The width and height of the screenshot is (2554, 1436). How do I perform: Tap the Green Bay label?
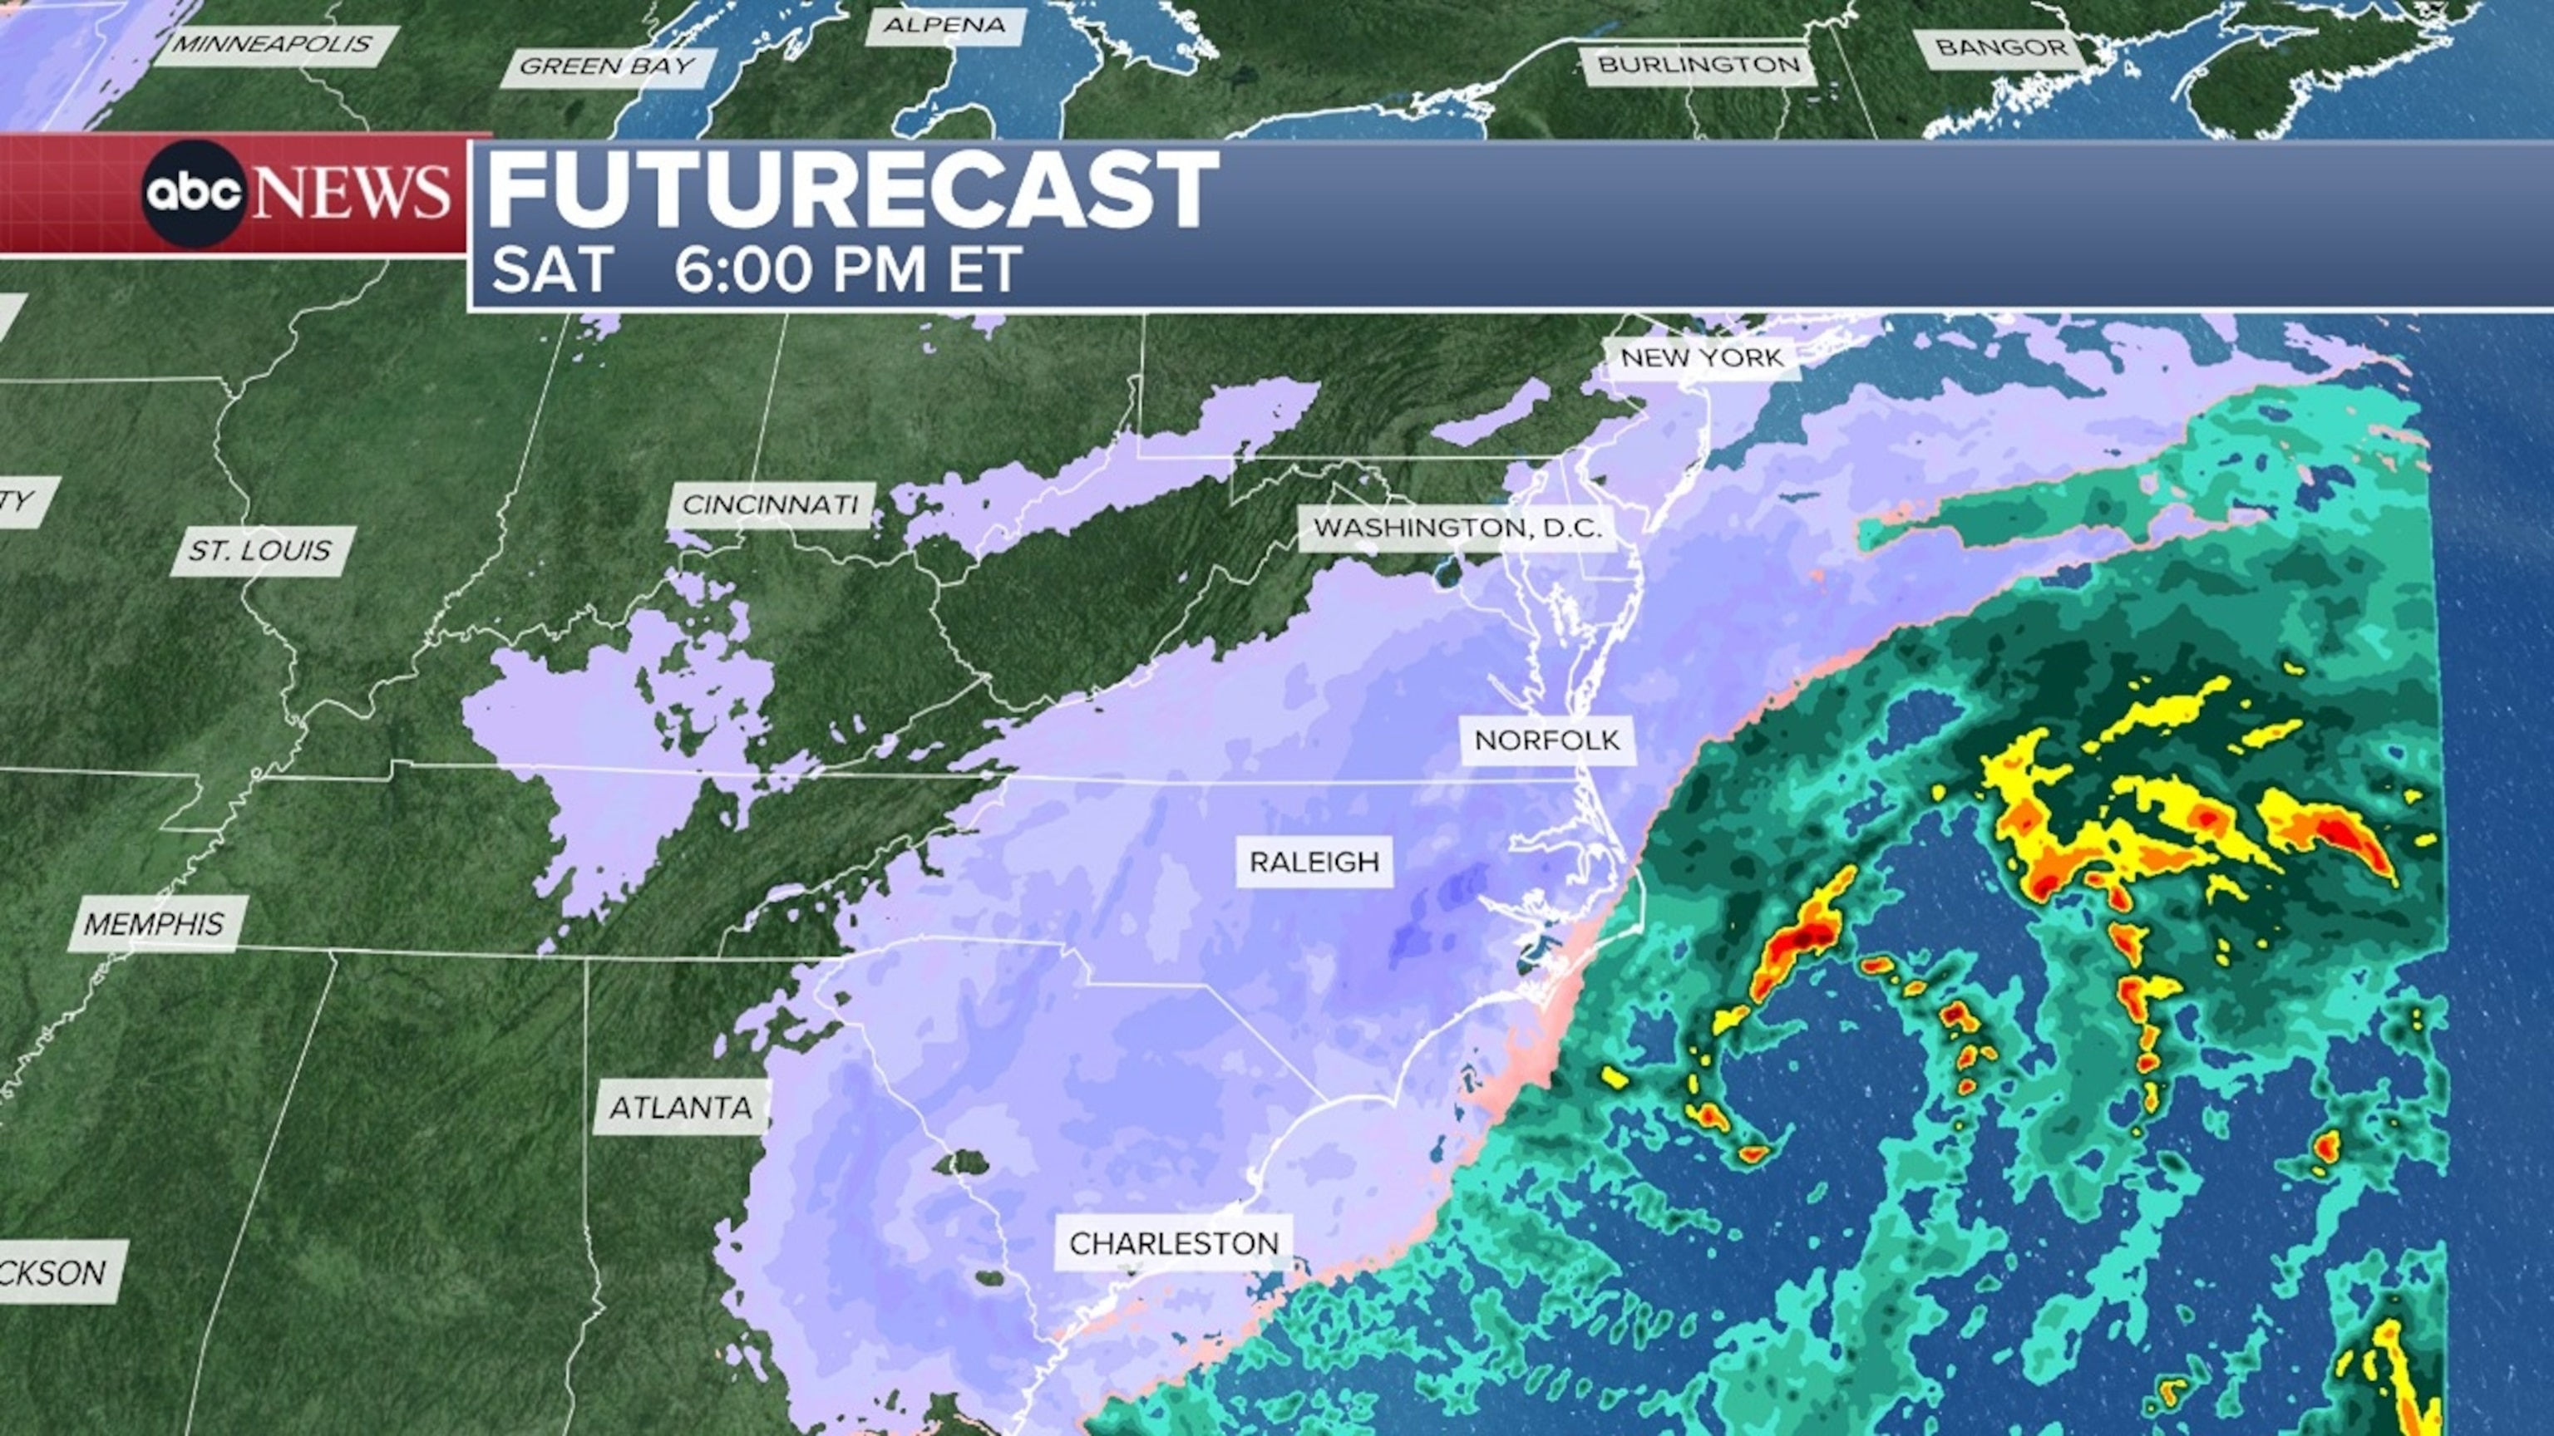point(607,66)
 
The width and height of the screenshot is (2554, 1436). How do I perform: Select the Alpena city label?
point(944,25)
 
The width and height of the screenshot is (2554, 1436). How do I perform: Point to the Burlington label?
point(1699,66)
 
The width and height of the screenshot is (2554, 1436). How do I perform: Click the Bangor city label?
point(2001,47)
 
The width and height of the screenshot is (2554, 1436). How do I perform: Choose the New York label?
point(1701,358)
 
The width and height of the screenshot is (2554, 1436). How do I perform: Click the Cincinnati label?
point(771,505)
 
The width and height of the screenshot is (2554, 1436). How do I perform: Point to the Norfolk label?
point(1546,740)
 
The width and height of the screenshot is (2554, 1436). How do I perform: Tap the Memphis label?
point(154,923)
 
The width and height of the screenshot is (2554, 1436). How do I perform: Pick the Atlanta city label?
point(680,1107)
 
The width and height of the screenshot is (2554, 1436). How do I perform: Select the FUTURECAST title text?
point(853,190)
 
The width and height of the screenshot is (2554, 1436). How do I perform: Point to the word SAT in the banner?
point(550,269)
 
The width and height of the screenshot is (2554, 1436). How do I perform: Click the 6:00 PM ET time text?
point(848,269)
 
